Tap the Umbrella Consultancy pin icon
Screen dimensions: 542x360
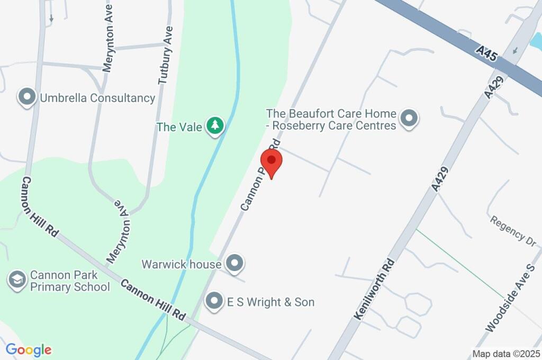(26, 97)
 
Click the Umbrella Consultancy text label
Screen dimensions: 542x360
(97, 98)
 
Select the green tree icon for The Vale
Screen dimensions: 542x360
(215, 126)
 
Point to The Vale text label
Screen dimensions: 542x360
(180, 127)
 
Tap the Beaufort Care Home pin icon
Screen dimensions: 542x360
(409, 119)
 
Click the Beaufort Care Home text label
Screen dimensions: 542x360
(331, 120)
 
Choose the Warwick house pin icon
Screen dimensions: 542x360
(234, 262)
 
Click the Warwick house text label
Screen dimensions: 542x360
(181, 264)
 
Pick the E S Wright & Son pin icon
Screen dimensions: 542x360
(214, 301)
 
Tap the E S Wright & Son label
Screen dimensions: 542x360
(270, 302)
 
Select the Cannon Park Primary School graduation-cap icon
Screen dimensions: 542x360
(17, 280)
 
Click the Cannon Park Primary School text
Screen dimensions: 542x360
(70, 281)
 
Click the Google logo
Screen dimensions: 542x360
(29, 349)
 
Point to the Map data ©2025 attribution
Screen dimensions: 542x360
(506, 354)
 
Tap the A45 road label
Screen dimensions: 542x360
(486, 53)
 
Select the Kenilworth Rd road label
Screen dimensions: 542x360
(375, 289)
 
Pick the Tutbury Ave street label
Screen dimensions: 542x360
(166, 55)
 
